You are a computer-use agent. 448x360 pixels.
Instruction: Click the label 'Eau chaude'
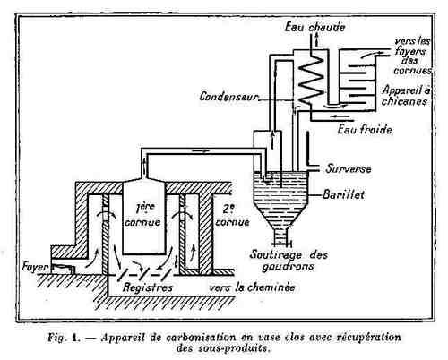click(x=314, y=27)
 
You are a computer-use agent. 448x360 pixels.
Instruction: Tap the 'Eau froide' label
click(x=365, y=130)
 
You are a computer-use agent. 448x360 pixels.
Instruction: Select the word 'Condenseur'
click(x=228, y=97)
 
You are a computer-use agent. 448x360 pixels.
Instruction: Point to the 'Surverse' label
click(x=349, y=169)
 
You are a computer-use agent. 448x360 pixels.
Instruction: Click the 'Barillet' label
click(x=344, y=194)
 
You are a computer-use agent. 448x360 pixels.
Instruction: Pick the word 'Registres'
click(x=148, y=287)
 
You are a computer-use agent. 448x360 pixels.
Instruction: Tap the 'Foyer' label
click(x=35, y=267)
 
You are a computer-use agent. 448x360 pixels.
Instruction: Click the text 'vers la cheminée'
click(x=252, y=287)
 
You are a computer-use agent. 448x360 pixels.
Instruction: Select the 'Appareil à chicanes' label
click(x=406, y=96)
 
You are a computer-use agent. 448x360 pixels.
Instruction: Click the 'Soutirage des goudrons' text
click(x=289, y=261)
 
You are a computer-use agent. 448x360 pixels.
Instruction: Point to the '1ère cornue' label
click(x=142, y=215)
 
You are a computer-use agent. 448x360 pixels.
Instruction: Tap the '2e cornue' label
click(x=232, y=217)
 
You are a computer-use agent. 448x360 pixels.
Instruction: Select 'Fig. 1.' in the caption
click(x=63, y=338)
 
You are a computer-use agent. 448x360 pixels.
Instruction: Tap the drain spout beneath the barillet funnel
click(x=280, y=237)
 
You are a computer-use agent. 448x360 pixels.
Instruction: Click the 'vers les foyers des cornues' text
click(x=412, y=56)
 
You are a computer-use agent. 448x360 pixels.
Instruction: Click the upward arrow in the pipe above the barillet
click(x=272, y=139)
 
